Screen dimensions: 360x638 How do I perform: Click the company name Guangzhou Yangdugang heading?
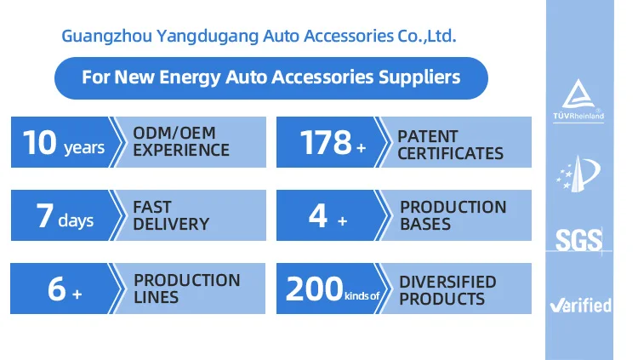tap(259, 37)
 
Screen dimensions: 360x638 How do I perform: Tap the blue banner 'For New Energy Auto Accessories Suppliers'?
tap(271, 77)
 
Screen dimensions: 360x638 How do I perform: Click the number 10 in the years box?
tap(40, 143)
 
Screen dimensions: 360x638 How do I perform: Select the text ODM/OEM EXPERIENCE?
tap(181, 142)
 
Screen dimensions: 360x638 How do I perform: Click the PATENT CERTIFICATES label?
tap(450, 145)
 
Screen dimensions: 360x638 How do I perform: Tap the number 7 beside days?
tap(45, 216)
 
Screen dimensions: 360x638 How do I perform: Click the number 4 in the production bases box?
tap(318, 216)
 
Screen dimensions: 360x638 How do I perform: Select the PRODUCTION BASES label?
tap(453, 215)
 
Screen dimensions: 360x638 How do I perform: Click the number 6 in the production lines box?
tap(57, 289)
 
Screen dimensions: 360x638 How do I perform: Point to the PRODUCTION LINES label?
tap(186, 289)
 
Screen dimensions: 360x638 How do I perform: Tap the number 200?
tap(313, 289)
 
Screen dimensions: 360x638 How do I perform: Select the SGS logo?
tap(578, 238)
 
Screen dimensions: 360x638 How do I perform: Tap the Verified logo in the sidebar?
tap(579, 305)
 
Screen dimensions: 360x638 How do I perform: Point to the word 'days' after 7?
tap(76, 220)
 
